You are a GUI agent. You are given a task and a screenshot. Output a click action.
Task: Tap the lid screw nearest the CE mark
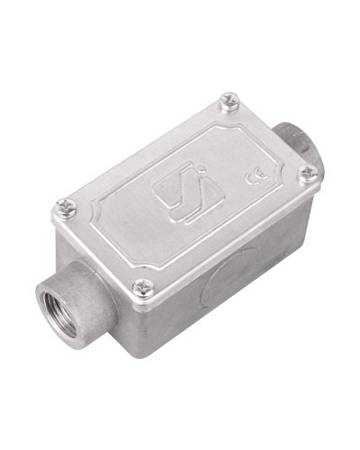coord(308,173)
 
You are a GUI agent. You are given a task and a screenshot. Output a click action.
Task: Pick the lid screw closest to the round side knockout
coord(143,287)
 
